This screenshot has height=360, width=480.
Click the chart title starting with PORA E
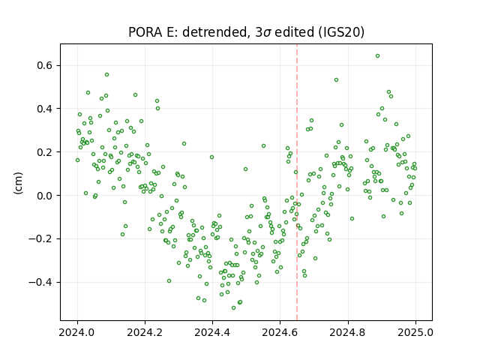coord(246,32)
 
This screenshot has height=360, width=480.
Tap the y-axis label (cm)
coord(18,183)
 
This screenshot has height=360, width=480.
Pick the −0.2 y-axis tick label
coord(42,238)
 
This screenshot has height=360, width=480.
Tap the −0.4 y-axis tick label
coord(42,282)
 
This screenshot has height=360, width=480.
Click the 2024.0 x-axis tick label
coord(77,332)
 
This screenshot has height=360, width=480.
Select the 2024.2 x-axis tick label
coord(145,332)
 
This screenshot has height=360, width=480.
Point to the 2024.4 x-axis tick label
coord(212,332)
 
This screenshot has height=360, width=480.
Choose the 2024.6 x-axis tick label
coord(280,332)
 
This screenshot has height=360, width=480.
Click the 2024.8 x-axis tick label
coord(348,332)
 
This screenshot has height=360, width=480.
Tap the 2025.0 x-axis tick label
coord(415,332)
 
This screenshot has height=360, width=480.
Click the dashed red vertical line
coord(297,182)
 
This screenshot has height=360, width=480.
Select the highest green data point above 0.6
coord(377,56)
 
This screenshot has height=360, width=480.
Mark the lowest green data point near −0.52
coord(233,308)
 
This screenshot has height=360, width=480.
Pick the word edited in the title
coord(295,32)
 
